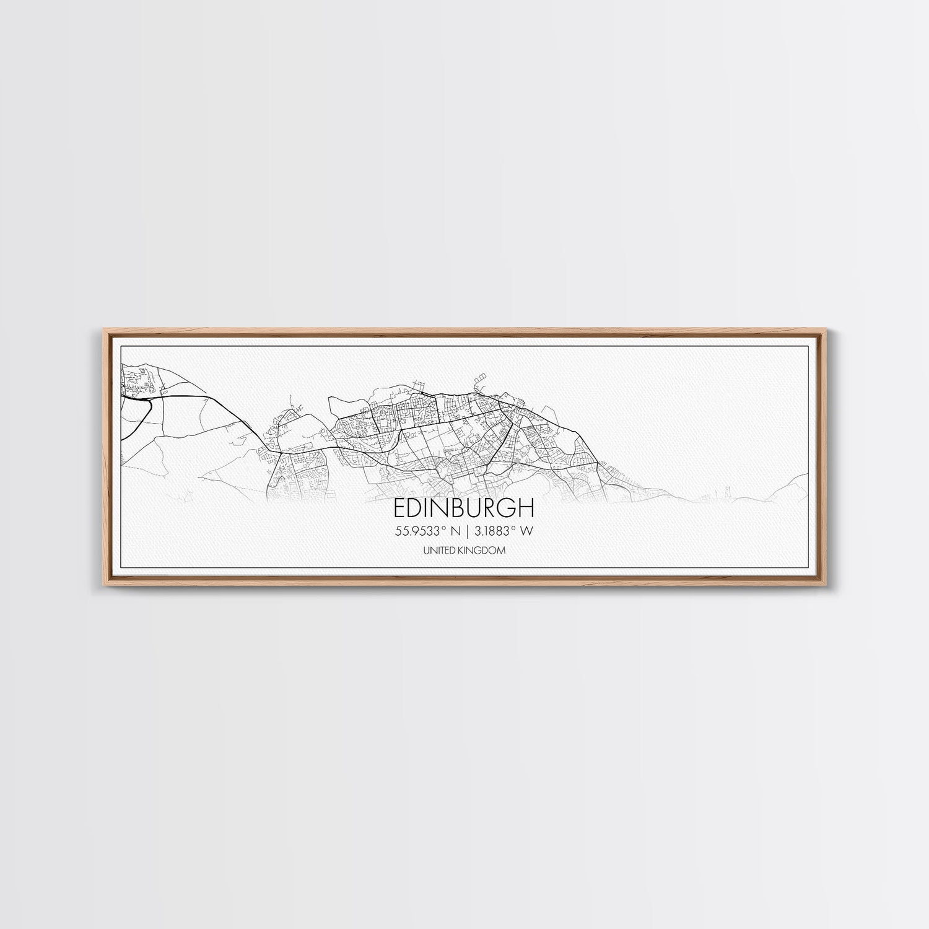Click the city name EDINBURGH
tap(464, 508)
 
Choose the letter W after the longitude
tap(528, 530)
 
